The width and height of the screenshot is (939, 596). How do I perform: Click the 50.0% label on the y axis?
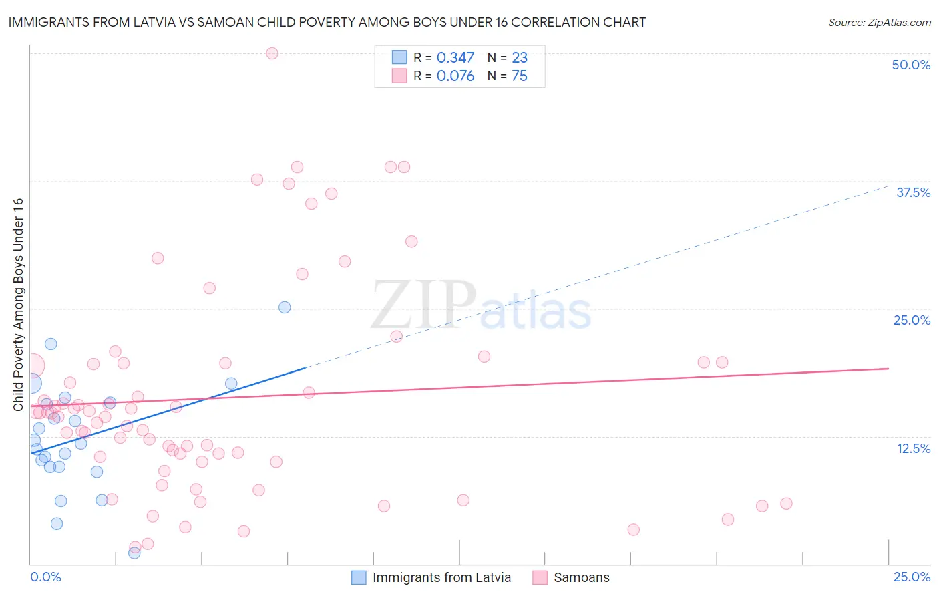click(911, 65)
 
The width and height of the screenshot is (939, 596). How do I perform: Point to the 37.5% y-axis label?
click(913, 192)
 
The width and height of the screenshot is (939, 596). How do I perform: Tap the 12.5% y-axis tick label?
click(913, 448)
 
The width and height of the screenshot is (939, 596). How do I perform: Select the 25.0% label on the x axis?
click(912, 577)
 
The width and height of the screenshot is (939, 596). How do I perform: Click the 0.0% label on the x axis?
click(45, 577)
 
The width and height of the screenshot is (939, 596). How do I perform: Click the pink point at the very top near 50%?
click(272, 53)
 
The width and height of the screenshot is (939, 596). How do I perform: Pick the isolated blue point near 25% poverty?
click(285, 307)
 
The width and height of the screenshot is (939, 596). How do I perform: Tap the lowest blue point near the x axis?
click(134, 553)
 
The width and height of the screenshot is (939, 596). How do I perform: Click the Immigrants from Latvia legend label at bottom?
click(441, 577)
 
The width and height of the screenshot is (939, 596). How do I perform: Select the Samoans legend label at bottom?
click(582, 577)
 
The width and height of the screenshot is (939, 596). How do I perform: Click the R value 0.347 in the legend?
click(455, 58)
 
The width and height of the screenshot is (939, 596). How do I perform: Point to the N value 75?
click(520, 76)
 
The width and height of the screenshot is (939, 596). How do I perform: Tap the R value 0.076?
click(455, 76)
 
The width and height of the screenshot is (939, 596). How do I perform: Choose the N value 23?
click(520, 58)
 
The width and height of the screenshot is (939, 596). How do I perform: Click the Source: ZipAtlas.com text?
click(879, 23)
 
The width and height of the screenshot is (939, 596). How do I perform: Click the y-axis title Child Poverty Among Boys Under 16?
click(18, 305)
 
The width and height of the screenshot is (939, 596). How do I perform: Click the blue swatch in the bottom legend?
click(359, 577)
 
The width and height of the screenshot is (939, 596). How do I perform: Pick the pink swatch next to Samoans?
click(540, 577)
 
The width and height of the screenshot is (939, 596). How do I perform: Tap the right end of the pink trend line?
click(888, 369)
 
